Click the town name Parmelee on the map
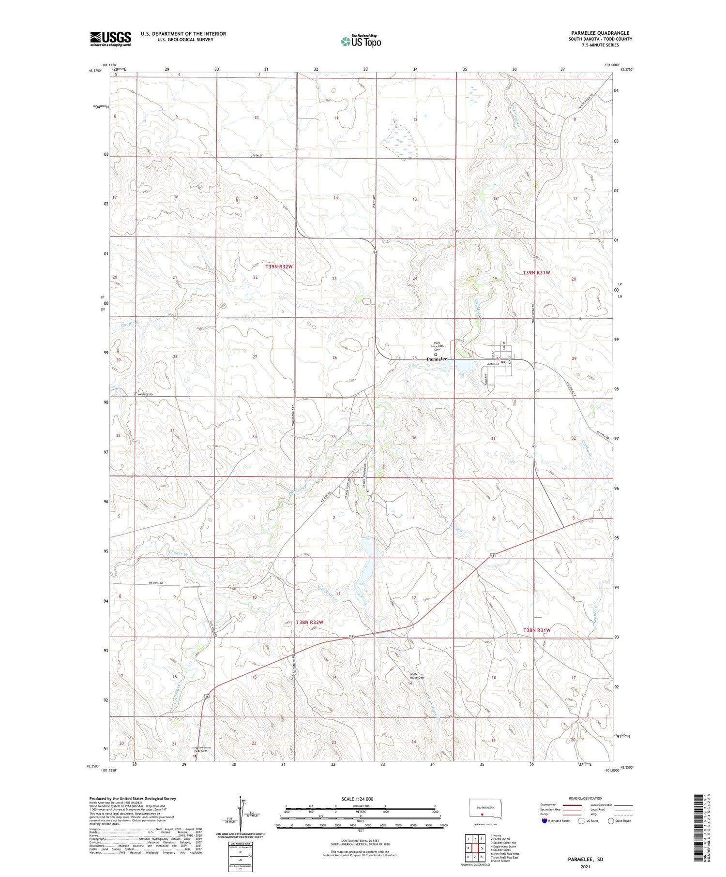pos(437,359)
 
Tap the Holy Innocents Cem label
pos(437,346)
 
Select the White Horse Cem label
pos(417,676)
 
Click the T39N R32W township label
pos(279,267)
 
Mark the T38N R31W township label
pos(537,630)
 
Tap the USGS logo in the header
pos(110,39)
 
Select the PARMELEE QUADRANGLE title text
pos(600,33)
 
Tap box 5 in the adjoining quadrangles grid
pos(482,848)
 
